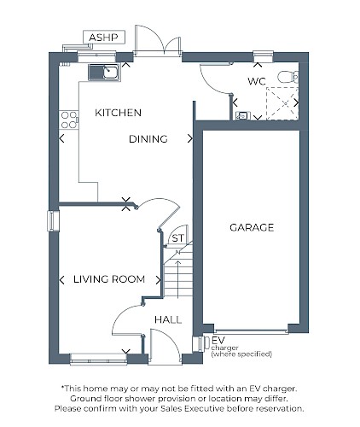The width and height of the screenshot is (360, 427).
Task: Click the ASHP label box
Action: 104,38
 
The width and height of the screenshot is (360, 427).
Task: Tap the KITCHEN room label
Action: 118,113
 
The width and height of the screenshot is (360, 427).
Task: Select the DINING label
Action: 148,139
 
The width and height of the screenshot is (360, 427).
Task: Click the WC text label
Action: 257,81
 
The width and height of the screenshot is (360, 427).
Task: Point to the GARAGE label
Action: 252,227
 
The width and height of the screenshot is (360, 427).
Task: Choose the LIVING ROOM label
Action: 109,279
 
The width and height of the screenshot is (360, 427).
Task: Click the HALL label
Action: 168,319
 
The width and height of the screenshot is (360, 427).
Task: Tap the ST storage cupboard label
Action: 178,238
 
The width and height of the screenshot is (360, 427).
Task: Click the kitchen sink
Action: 104,73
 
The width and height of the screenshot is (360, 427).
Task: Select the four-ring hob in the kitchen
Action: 69,120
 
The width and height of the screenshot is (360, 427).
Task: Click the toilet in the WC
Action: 288,77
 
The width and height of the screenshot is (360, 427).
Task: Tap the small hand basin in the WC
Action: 243,115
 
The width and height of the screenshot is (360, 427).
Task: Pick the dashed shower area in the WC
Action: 282,103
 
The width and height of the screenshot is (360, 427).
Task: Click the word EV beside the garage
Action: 218,340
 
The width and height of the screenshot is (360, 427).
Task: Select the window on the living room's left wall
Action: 54,221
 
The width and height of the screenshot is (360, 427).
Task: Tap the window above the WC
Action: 263,56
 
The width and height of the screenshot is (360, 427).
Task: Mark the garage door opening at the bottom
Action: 251,331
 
